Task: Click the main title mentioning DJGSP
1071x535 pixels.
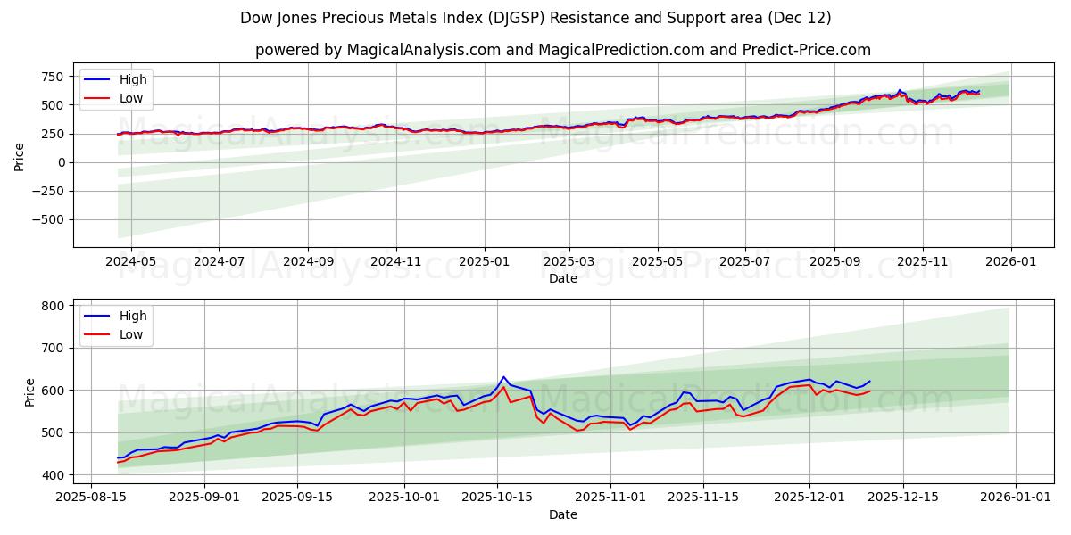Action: tap(535, 18)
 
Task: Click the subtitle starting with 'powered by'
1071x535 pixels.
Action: tap(562, 50)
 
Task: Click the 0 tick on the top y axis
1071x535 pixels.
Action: tap(62, 162)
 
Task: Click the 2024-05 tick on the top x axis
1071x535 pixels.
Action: tap(131, 261)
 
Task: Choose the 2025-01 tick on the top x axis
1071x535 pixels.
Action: tap(484, 261)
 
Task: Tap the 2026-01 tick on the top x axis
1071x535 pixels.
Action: tap(1010, 261)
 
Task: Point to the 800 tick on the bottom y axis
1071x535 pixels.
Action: tap(54, 306)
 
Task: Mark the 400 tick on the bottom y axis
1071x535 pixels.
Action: tap(54, 475)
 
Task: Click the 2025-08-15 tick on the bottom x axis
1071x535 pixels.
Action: tap(92, 498)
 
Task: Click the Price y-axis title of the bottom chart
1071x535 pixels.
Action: tap(30, 392)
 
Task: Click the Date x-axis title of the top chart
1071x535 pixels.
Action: tap(562, 278)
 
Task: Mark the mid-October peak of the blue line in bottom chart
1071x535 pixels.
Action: tap(503, 376)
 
